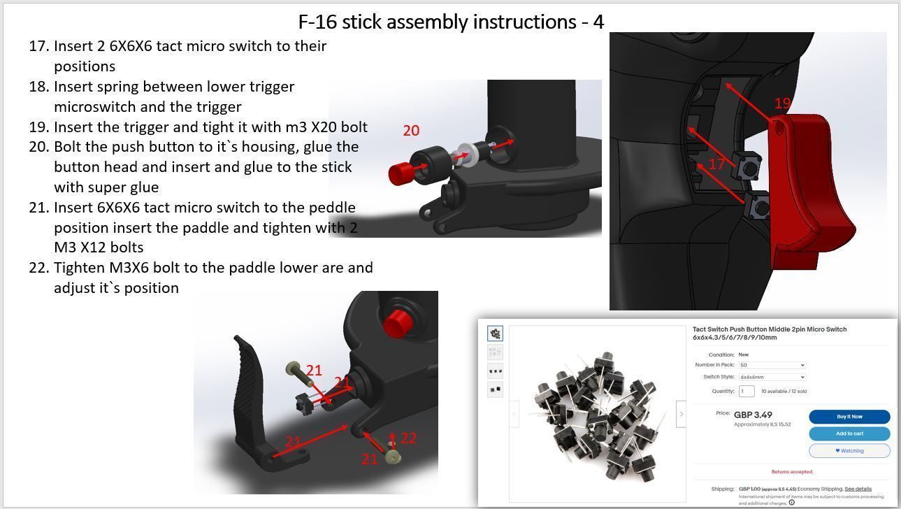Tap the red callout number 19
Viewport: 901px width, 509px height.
[782, 103]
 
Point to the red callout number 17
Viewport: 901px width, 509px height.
[716, 164]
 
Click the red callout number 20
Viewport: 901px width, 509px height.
[411, 131]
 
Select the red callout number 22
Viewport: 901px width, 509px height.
[409, 438]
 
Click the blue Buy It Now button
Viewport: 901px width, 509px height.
[849, 417]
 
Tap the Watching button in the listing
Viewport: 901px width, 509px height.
[849, 451]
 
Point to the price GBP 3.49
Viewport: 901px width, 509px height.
[753, 415]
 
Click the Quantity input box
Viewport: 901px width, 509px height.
[747, 392]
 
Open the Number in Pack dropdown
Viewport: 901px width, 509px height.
[772, 365]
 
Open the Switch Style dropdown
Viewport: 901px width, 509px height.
[772, 377]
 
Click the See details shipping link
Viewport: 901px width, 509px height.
[858, 489]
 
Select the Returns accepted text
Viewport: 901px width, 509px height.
[791, 472]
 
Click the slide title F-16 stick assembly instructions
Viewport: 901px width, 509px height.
[450, 22]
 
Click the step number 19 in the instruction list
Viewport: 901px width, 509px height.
[38, 127]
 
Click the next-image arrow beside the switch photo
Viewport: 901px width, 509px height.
[681, 414]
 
